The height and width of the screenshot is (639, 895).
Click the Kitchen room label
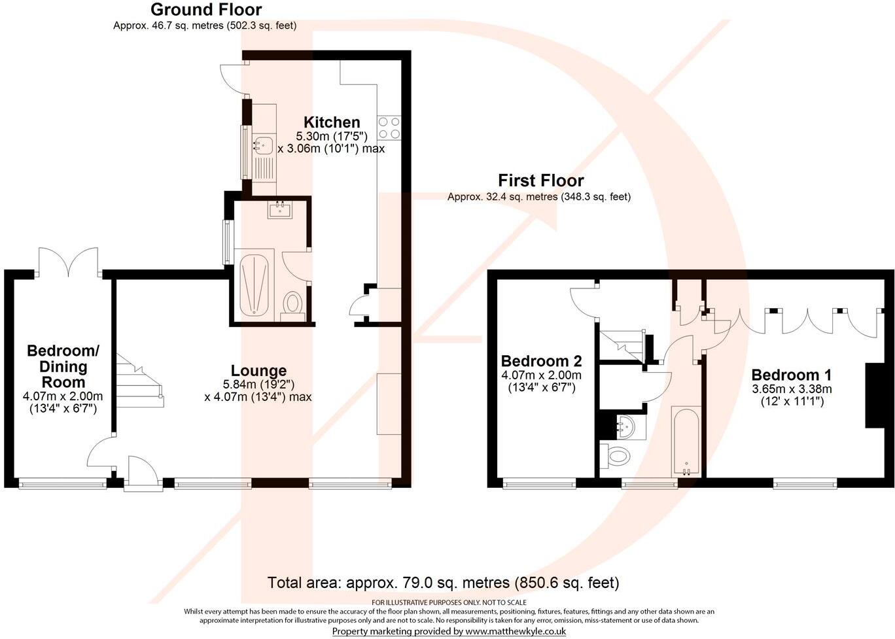332,122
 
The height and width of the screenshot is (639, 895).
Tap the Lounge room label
258,371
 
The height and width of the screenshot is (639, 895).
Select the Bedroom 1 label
791,375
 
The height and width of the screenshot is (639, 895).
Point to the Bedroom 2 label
541,361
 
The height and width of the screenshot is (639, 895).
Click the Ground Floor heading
205,10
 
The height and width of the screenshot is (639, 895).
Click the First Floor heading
540,181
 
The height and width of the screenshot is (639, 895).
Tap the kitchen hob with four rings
389,128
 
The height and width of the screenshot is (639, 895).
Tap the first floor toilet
615,455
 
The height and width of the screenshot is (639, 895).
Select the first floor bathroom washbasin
625,427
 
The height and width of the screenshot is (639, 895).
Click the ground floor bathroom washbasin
280,209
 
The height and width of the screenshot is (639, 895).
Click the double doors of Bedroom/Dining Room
69,262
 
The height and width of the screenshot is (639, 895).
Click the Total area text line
443,582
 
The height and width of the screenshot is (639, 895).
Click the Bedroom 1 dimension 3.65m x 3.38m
791,389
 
